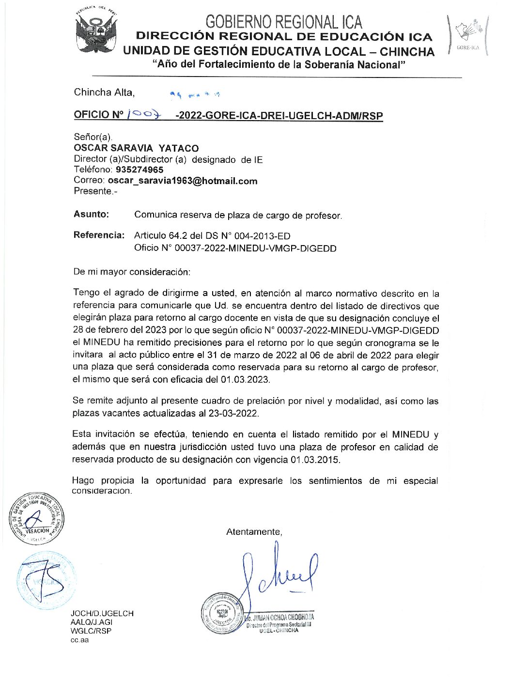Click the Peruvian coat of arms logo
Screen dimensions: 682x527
(x=96, y=32)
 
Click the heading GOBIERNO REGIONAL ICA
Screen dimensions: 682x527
(x=283, y=21)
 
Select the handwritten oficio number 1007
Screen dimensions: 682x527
(x=143, y=114)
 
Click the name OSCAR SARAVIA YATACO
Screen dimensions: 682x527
(x=136, y=148)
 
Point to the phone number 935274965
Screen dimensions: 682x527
(x=139, y=170)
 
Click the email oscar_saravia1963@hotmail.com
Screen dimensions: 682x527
(x=183, y=181)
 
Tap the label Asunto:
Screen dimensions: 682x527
(x=91, y=214)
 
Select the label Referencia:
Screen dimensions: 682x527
(x=99, y=235)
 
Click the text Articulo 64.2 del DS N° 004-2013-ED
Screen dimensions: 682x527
(x=212, y=236)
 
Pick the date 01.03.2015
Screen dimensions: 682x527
(x=315, y=460)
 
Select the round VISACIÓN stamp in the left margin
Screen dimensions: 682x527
(x=36, y=518)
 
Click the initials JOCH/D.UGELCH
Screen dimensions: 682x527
(x=102, y=613)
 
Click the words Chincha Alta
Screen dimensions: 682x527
(x=104, y=93)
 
